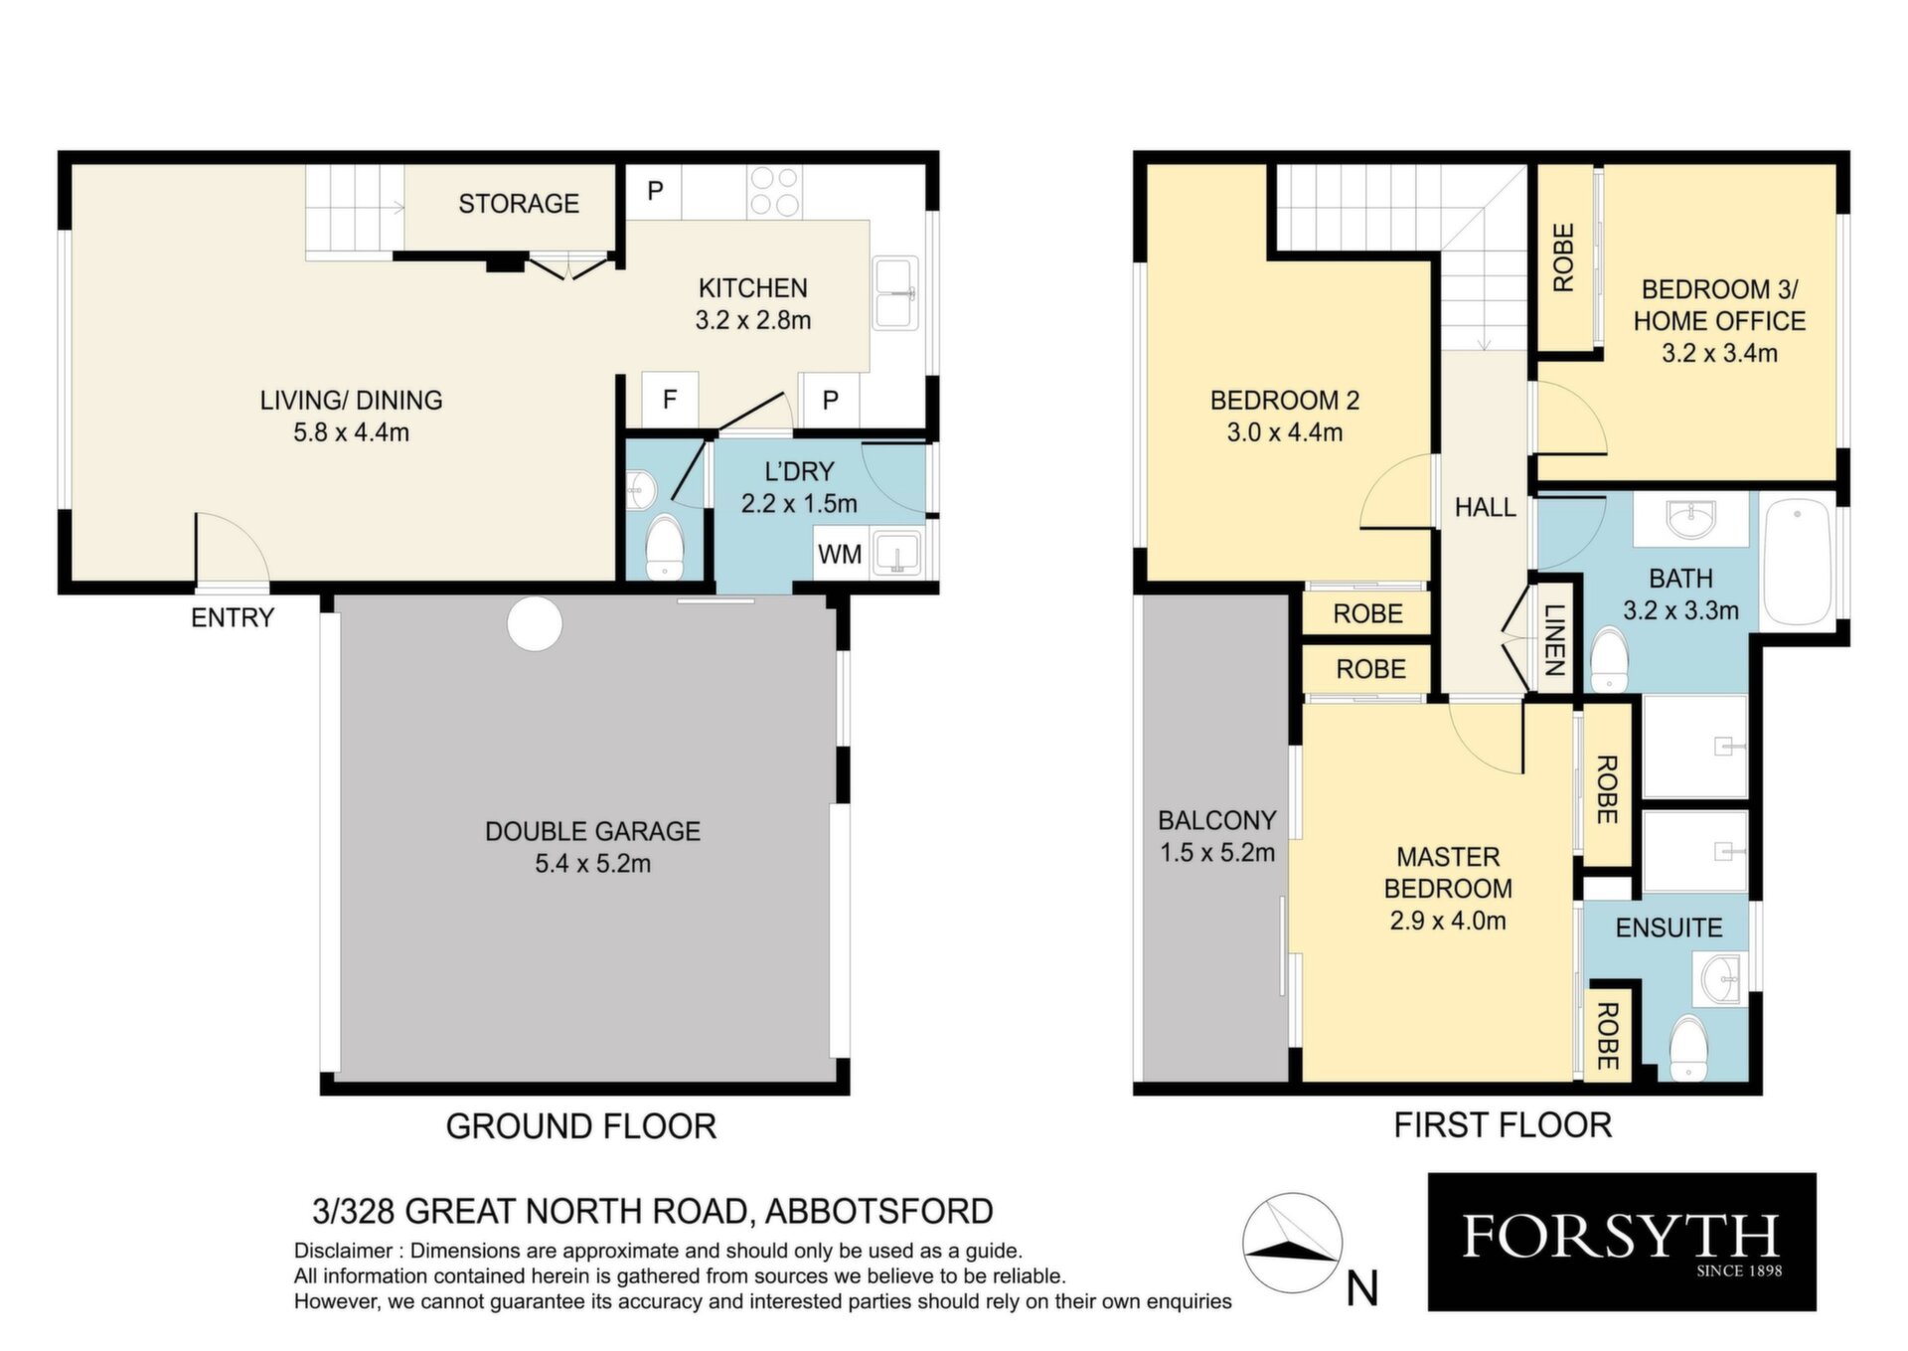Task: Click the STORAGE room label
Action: pyautogui.click(x=518, y=204)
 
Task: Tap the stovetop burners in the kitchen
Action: pyautogui.click(x=774, y=192)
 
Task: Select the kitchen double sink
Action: pyautogui.click(x=896, y=293)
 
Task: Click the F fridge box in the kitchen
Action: pyautogui.click(x=670, y=400)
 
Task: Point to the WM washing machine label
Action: pyautogui.click(x=840, y=554)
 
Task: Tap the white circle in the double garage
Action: pyautogui.click(x=535, y=623)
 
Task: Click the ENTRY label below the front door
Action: pyautogui.click(x=233, y=617)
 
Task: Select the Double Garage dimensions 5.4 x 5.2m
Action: pyautogui.click(x=593, y=864)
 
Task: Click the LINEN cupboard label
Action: pyautogui.click(x=1555, y=639)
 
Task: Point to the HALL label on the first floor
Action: pyautogui.click(x=1486, y=508)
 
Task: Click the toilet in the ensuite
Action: pyautogui.click(x=1687, y=1048)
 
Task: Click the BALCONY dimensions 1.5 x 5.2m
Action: pyautogui.click(x=1217, y=853)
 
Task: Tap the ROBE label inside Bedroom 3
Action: pyautogui.click(x=1564, y=257)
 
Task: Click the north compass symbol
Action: pyautogui.click(x=1292, y=1243)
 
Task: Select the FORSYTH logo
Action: pyautogui.click(x=1622, y=1242)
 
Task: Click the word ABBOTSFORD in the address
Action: pyautogui.click(x=879, y=1212)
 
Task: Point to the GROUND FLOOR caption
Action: pyautogui.click(x=581, y=1126)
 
